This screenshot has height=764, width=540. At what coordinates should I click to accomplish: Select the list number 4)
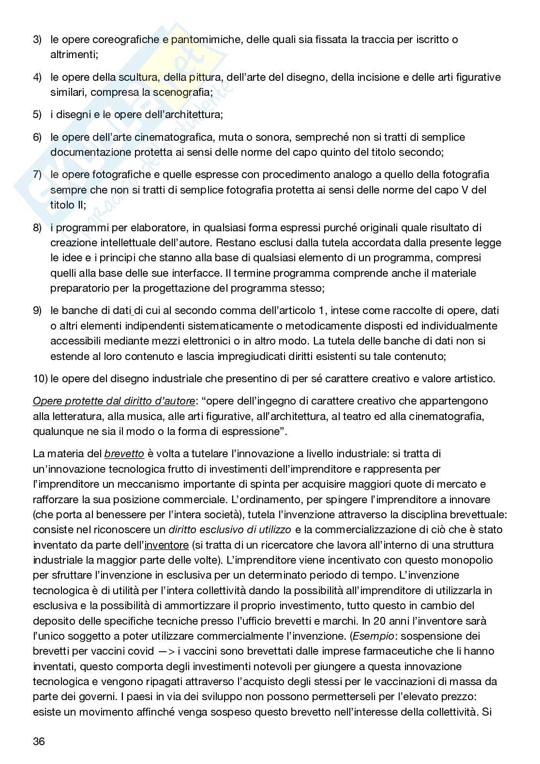coord(37,77)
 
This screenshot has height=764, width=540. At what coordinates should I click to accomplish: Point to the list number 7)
coord(37,174)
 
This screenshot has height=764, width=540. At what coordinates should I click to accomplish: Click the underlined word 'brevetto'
coord(124,454)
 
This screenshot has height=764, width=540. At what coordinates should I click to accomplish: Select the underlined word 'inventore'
coord(166,545)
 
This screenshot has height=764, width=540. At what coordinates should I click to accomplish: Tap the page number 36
coord(39,741)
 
